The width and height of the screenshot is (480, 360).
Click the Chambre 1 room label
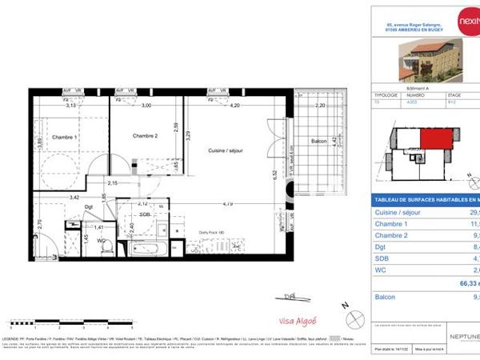(x=64, y=137)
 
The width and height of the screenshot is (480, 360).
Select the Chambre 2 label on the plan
(x=146, y=136)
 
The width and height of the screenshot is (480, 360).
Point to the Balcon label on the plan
(x=318, y=141)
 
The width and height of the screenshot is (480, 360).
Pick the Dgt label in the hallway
(x=90, y=207)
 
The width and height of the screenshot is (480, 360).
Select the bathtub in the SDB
(x=149, y=249)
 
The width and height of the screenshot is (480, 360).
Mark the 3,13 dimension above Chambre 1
(x=70, y=106)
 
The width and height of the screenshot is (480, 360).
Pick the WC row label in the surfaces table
(x=382, y=270)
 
